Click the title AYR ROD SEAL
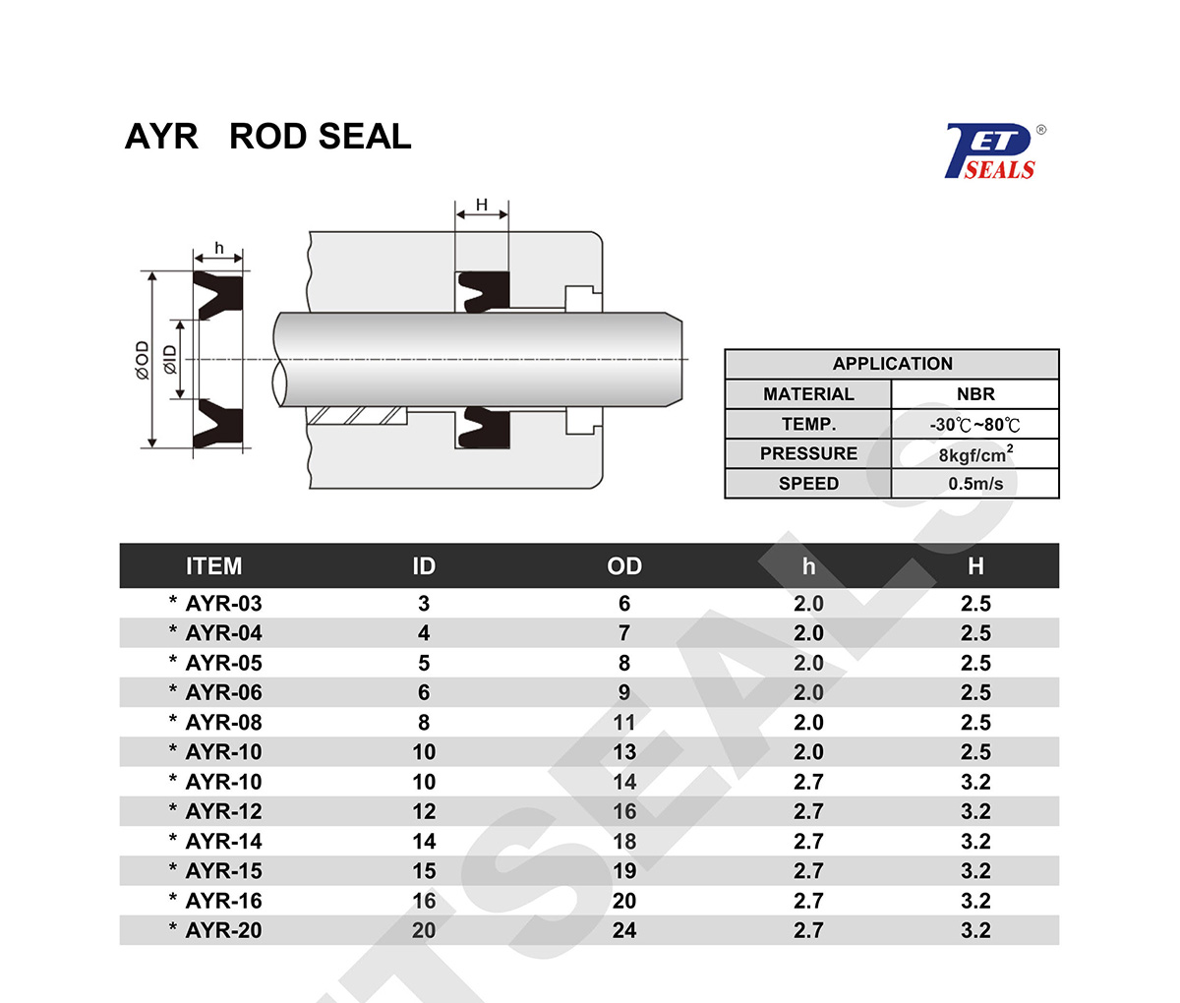coord(267,137)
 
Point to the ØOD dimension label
coord(143,360)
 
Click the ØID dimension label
coord(170,360)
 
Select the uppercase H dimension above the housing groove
coord(482,205)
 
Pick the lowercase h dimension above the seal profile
coord(218,248)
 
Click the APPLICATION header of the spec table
coord(892,364)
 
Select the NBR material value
coord(974,394)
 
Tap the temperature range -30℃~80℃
coord(974,425)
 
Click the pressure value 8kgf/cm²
coord(974,454)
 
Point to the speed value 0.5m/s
coord(974,484)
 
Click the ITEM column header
coord(213,566)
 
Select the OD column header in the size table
coord(624,566)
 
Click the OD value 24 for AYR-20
coord(624,930)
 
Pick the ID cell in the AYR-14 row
coord(424,842)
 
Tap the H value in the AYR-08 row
coord(975,723)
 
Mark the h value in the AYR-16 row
coord(808,901)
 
